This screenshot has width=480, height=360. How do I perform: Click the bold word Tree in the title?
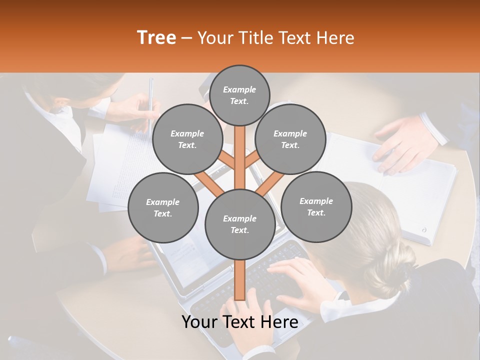156,38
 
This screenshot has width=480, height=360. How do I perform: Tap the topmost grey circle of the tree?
239,95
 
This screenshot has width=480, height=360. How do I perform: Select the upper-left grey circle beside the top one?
187,139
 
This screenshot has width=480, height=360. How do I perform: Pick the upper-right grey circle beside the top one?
290,139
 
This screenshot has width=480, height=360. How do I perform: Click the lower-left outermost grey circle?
163,207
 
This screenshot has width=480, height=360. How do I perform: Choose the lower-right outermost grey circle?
316,206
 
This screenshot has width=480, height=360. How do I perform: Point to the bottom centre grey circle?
239,224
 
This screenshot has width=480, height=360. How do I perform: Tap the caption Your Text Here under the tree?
239,322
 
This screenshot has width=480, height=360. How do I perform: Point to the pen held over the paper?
150,100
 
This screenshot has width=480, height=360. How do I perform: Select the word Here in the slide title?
335,38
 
